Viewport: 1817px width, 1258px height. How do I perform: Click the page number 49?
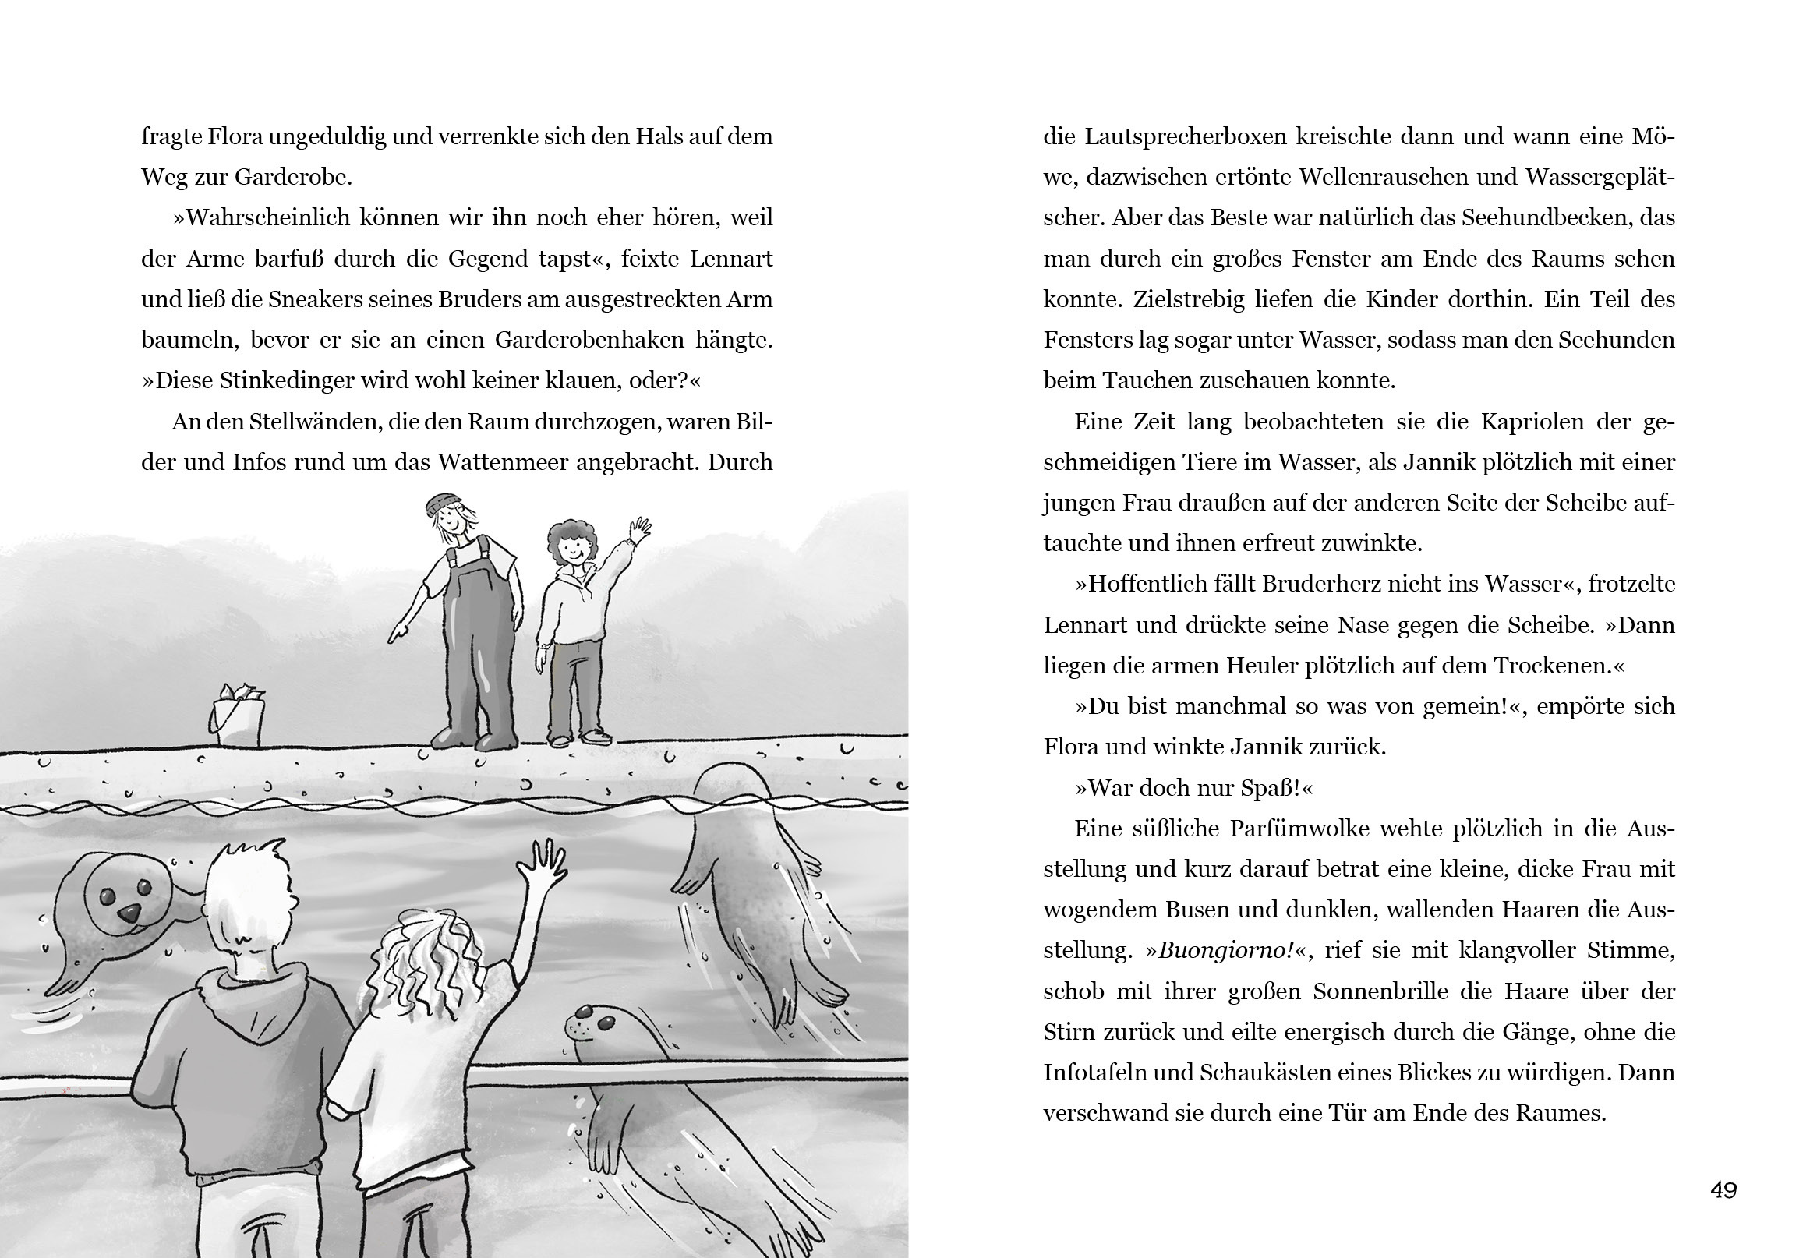tap(1723, 1189)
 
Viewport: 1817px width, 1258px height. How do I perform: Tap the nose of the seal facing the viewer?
tap(129, 913)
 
